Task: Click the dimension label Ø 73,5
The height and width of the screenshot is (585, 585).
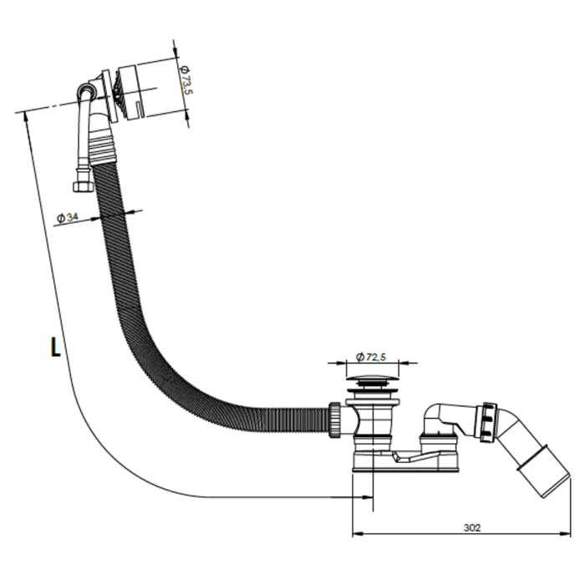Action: [186, 80]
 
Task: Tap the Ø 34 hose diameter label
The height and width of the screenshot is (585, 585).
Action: [67, 217]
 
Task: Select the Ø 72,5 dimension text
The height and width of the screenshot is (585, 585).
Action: [371, 357]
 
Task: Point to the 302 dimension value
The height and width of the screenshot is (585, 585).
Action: [472, 527]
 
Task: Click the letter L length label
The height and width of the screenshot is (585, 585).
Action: [55, 347]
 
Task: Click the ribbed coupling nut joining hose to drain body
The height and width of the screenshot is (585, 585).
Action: [334, 420]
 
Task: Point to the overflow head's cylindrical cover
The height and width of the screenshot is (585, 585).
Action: [135, 93]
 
